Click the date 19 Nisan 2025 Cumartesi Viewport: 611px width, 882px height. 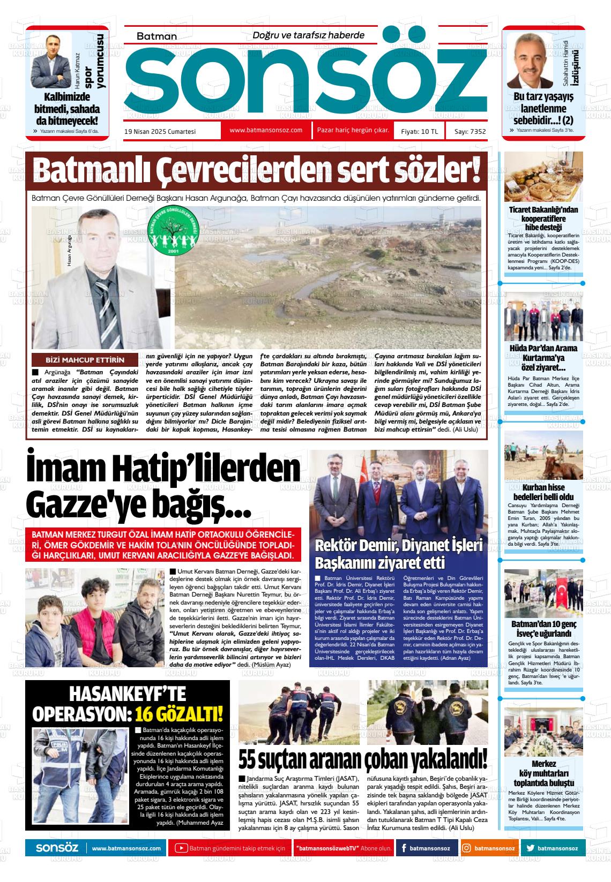point(160,131)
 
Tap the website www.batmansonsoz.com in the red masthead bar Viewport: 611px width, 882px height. point(266,130)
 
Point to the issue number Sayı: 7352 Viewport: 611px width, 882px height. point(470,131)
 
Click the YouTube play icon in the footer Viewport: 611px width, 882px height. point(181,848)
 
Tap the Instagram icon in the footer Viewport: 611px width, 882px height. point(467,848)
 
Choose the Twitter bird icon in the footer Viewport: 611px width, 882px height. point(530,848)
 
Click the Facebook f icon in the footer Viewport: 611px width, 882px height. point(403,848)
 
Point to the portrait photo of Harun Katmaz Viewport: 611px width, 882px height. point(51,59)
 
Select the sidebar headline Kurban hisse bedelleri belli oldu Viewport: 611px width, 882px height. point(543,492)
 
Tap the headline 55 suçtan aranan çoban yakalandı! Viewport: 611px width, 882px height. point(363,758)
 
